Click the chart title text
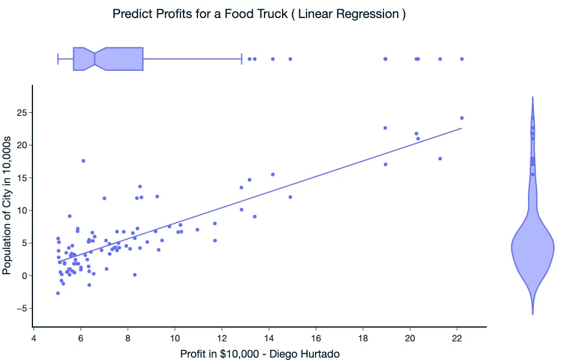(x=259, y=14)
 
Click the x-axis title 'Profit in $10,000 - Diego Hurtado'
(x=260, y=355)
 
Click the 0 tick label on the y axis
(x=23, y=276)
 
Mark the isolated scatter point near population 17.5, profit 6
(x=83, y=161)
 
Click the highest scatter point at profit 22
(x=461, y=118)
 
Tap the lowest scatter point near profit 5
(x=58, y=293)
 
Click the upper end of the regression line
(x=461, y=128)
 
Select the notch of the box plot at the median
(x=95, y=59)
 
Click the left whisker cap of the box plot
(x=58, y=59)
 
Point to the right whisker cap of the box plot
(x=241, y=59)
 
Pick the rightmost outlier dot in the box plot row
(x=461, y=59)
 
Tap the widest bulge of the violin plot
(x=532, y=247)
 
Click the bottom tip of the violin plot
(x=532, y=313)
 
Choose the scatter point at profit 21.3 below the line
(x=440, y=159)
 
